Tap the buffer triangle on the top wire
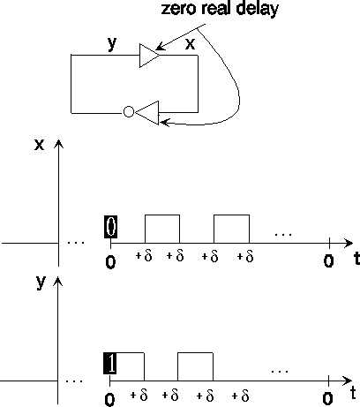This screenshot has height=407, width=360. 149,56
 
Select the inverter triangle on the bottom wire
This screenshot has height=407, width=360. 146,113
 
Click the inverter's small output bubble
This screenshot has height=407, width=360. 129,112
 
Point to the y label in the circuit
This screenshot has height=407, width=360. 112,43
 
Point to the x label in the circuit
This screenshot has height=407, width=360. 190,44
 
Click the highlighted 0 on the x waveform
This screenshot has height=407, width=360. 110,227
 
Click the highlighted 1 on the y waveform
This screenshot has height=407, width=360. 110,363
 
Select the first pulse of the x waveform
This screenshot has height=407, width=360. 162,215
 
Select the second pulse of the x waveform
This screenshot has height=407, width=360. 231,215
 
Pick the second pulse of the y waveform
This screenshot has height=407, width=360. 195,352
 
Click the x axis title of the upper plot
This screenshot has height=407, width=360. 40,145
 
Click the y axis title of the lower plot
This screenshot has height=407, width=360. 41,283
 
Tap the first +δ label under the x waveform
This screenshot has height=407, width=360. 144,256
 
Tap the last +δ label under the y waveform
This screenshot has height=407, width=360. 240,396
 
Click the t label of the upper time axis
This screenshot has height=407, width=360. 356,259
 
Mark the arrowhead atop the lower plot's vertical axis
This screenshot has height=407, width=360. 58,282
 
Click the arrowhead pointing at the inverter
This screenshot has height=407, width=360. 165,122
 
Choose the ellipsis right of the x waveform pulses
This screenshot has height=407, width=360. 283,235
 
